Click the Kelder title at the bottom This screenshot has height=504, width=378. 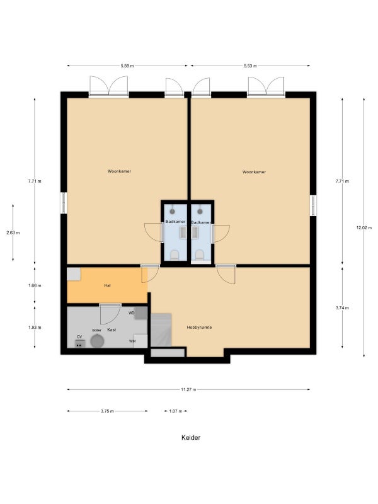coord(191,437)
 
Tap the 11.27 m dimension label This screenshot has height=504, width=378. coord(188,389)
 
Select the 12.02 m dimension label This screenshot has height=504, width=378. coord(364,227)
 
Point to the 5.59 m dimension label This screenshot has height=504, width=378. coord(127,66)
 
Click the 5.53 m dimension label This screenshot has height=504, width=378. coord(250,66)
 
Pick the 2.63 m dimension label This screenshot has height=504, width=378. coord(13,232)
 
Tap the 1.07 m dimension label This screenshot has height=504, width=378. coord(176,411)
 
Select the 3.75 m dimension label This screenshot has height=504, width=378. coord(107,411)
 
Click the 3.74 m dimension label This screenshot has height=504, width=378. coord(342,307)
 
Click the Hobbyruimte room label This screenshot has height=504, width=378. coord(199,327)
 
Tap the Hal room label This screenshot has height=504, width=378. coord(107,285)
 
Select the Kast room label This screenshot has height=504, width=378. coord(112,329)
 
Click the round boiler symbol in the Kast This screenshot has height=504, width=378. coord(97,341)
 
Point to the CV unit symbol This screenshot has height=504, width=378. coord(79,343)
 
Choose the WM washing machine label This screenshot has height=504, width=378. coord(132,341)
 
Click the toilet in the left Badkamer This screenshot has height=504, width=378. coord(175,255)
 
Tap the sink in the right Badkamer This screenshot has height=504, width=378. coord(195,232)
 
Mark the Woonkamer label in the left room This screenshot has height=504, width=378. coord(119,171)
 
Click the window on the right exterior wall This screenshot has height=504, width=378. coord(313,206)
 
